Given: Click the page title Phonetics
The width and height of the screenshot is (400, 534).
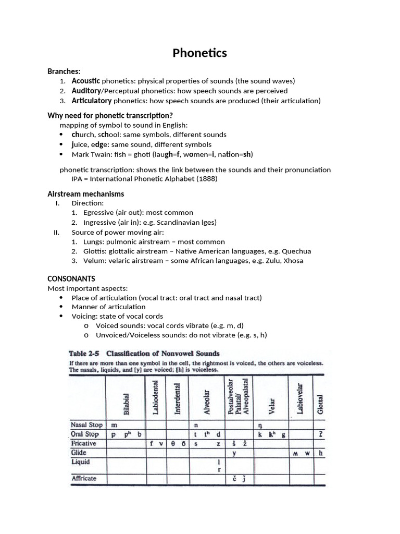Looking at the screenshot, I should (x=200, y=53).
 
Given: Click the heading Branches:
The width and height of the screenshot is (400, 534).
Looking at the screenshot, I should (x=64, y=71).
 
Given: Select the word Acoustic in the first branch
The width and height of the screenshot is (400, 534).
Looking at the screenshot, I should (x=86, y=81).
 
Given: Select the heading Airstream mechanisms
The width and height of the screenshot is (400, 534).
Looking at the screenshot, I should (x=86, y=194).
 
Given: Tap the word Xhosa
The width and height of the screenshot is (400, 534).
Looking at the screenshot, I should (x=293, y=261).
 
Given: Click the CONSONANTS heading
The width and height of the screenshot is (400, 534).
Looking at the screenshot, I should (x=71, y=279).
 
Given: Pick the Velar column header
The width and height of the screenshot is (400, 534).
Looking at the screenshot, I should (x=272, y=404).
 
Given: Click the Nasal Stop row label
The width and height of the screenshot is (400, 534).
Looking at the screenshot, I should (x=86, y=424).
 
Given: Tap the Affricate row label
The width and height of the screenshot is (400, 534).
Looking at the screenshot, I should (x=84, y=478).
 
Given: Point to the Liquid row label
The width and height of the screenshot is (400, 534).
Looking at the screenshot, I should (x=81, y=462).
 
